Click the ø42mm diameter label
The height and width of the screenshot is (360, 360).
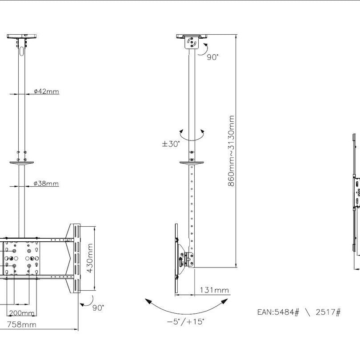pos(46,92)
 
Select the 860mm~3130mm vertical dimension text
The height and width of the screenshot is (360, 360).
pos(231,151)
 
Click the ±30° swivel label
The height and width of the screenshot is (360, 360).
pos(171,144)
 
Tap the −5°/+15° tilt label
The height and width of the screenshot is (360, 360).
pos(185,321)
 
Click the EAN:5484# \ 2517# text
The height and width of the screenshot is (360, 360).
pos(299,312)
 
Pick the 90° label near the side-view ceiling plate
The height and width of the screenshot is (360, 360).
pos(212,57)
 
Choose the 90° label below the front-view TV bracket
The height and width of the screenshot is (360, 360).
pos(98,307)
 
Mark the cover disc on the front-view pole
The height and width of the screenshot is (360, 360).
pos(21,163)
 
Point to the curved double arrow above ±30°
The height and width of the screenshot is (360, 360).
pos(192,134)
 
